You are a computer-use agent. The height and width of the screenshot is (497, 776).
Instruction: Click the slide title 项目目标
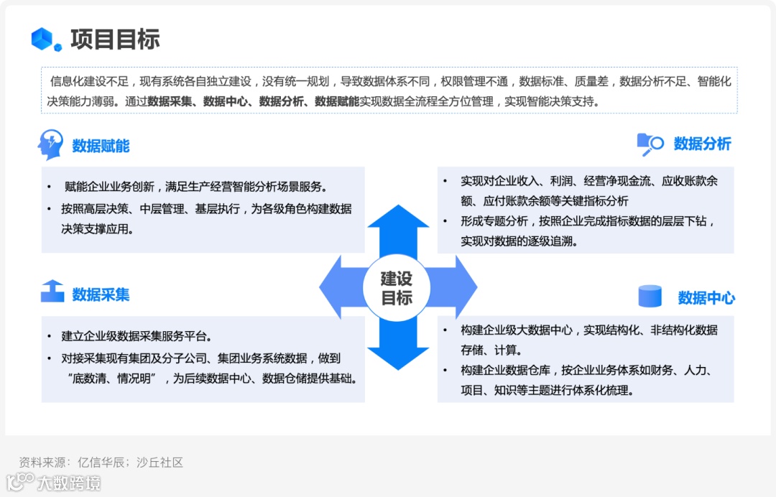click(115, 39)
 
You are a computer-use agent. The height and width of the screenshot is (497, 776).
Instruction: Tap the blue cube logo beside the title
click(47, 39)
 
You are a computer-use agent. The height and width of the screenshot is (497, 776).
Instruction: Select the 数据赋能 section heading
click(101, 147)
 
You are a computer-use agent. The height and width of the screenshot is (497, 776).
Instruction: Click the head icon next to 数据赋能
click(50, 145)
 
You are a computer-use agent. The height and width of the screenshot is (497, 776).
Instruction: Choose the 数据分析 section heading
click(702, 144)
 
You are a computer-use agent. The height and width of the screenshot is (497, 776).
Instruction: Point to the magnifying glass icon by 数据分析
click(650, 144)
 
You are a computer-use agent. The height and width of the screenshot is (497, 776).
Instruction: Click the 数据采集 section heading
click(101, 294)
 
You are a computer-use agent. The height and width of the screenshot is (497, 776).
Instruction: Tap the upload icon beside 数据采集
click(52, 292)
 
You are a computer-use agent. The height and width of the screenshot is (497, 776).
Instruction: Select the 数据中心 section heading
click(706, 297)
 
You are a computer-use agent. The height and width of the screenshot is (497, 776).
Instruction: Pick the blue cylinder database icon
click(650, 296)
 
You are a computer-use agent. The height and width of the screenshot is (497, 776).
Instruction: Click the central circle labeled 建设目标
click(397, 287)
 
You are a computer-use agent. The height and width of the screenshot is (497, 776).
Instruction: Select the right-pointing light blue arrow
click(457, 287)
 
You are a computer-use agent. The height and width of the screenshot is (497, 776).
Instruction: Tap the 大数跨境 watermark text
click(69, 483)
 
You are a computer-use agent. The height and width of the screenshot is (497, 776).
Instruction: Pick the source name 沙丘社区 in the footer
click(161, 463)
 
